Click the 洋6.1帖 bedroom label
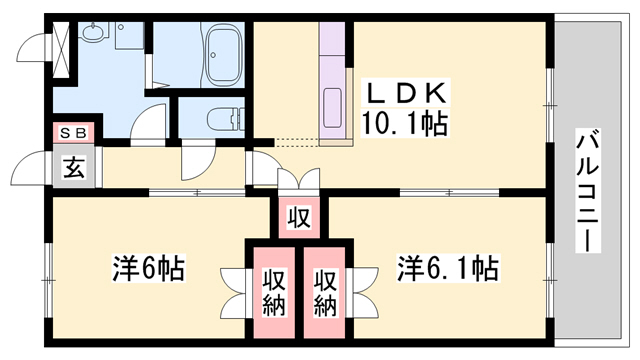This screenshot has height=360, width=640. pyautogui.click(x=447, y=268)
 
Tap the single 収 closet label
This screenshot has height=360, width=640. pyautogui.click(x=298, y=217)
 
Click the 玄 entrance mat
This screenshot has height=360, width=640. pyautogui.click(x=75, y=168)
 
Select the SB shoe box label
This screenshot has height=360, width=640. pyautogui.click(x=75, y=133)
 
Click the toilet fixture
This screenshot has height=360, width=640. pyautogui.click(x=222, y=118)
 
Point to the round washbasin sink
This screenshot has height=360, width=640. pyautogui.click(x=95, y=35)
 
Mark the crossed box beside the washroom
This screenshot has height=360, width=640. pyautogui.click(x=63, y=45)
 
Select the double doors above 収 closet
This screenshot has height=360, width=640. pyautogui.click(x=298, y=181)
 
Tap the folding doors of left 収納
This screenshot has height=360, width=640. pyautogui.click(x=236, y=290)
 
